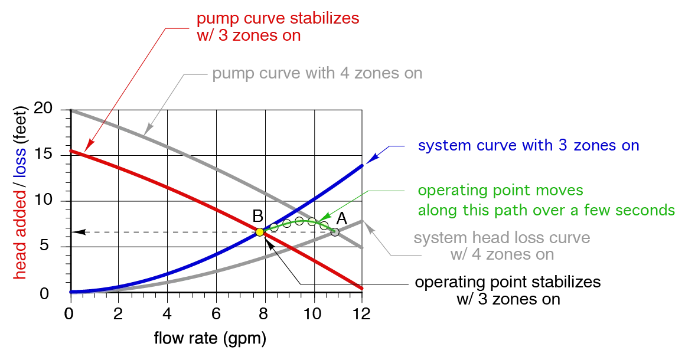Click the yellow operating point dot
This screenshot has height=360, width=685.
click(x=259, y=232)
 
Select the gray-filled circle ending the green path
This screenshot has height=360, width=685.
click(x=335, y=232)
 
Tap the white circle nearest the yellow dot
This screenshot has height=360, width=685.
click(x=274, y=227)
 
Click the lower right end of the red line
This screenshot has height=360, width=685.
click(x=362, y=289)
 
